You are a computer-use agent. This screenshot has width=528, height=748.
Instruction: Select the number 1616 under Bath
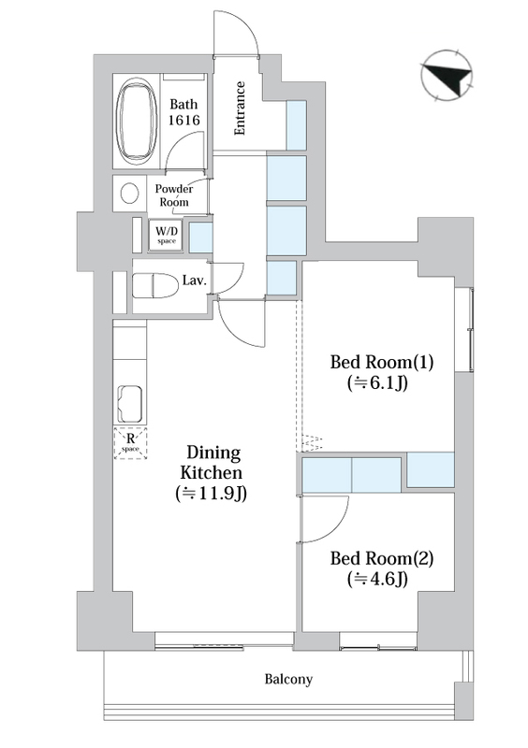[x=183, y=121]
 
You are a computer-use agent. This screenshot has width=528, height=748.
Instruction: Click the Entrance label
[x=240, y=109]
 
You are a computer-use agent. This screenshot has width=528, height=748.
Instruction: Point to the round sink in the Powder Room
[x=128, y=194]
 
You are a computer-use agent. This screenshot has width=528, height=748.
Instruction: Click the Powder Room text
[x=175, y=194]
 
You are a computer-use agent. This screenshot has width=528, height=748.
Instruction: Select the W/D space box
[x=167, y=235]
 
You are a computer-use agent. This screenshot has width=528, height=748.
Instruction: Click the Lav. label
[x=195, y=280]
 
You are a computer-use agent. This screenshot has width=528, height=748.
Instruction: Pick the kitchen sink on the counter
[x=128, y=403]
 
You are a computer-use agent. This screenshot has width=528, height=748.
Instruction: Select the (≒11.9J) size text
[x=211, y=493]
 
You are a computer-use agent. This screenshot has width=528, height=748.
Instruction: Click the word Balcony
[x=287, y=680]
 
